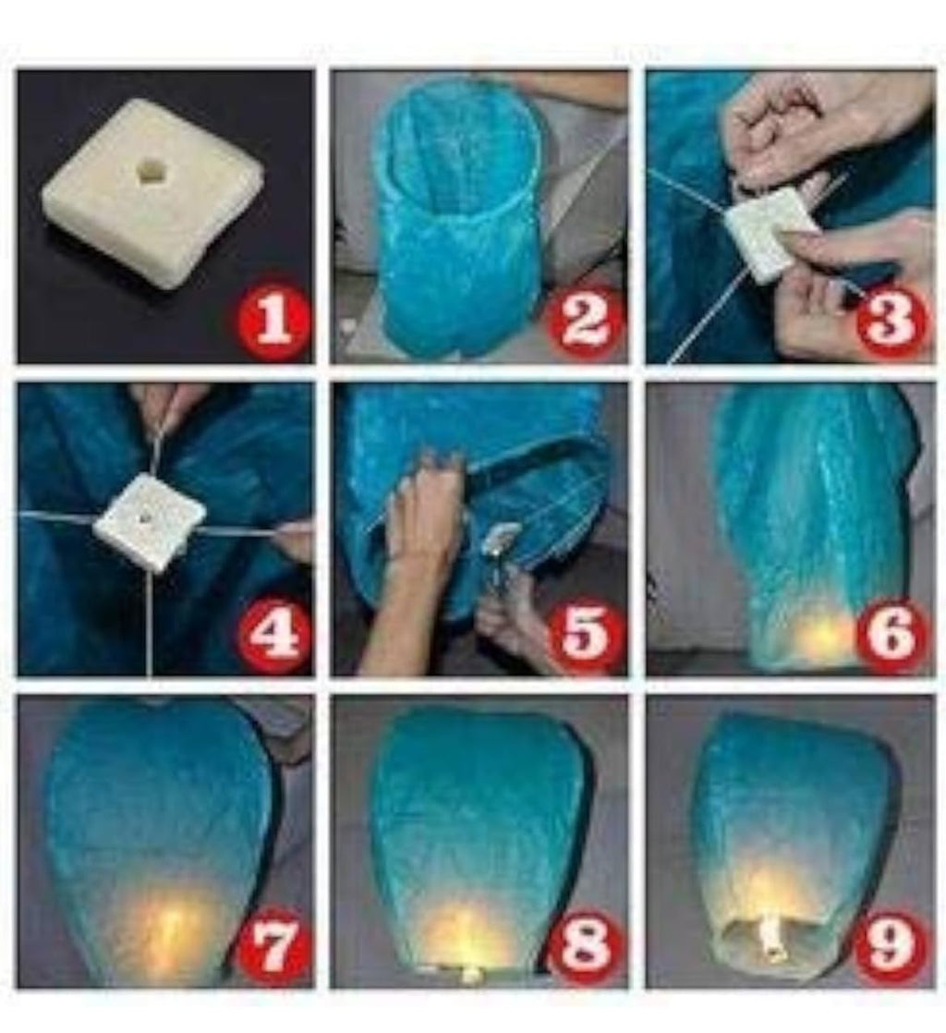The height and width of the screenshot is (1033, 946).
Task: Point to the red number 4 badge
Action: (x=273, y=636)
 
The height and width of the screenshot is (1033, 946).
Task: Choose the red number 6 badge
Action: (x=892, y=636)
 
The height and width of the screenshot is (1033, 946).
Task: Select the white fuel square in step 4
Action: (x=148, y=522)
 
